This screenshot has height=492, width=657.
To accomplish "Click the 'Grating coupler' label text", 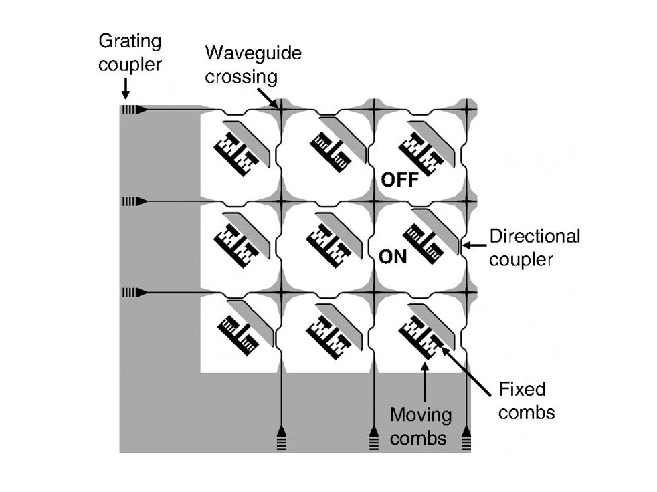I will point(130,53).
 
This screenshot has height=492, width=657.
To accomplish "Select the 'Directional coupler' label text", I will point(535,247).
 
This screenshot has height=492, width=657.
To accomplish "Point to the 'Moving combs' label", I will point(421,426).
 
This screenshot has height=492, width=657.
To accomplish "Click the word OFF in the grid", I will point(399,179).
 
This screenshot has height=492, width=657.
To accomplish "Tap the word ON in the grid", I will point(393,256).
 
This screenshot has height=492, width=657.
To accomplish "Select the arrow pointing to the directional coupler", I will point(476,245).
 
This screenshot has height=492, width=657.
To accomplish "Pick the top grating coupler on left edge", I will point(132,110).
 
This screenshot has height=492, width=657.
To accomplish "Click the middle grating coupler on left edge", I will point(132,201).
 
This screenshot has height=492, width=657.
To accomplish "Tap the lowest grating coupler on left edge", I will point(132,293).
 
